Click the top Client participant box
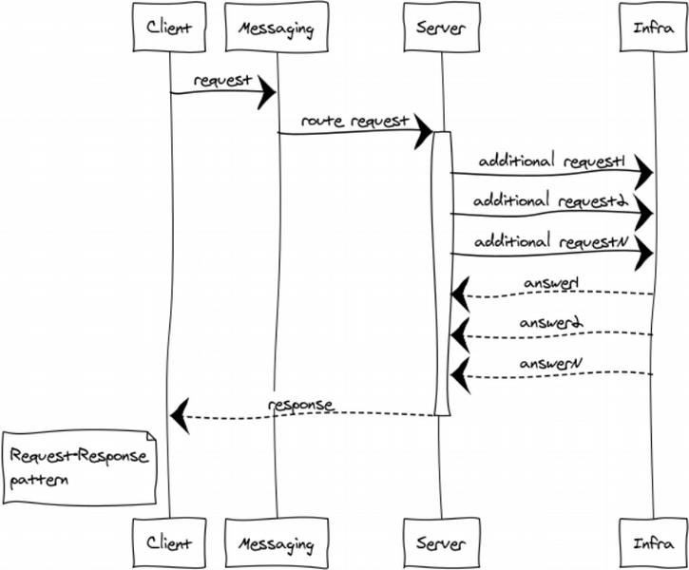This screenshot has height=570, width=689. [x=169, y=28]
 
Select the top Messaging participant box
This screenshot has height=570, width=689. [x=277, y=28]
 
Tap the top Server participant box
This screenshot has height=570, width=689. [x=442, y=28]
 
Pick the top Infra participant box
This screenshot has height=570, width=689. [x=653, y=28]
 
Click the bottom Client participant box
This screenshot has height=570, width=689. [x=169, y=542]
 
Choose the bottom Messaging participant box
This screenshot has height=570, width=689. [x=277, y=542]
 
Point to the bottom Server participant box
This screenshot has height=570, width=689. [x=442, y=542]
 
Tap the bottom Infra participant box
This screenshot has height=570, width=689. [x=653, y=542]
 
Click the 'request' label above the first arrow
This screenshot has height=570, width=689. [x=222, y=81]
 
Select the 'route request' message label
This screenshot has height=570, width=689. [x=355, y=121]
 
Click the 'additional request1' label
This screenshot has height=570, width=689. [x=552, y=161]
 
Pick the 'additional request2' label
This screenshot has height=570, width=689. [x=551, y=200]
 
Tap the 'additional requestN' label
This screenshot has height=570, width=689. [x=551, y=241]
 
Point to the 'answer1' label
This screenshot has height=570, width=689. [x=551, y=282]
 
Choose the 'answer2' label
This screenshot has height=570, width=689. [x=551, y=323]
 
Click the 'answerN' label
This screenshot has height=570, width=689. [x=551, y=363]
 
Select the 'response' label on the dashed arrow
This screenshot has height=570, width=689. [x=300, y=405]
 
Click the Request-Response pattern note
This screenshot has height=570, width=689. [x=79, y=467]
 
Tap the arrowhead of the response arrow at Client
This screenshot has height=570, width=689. [x=180, y=416]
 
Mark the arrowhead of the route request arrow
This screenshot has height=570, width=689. [x=424, y=131]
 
